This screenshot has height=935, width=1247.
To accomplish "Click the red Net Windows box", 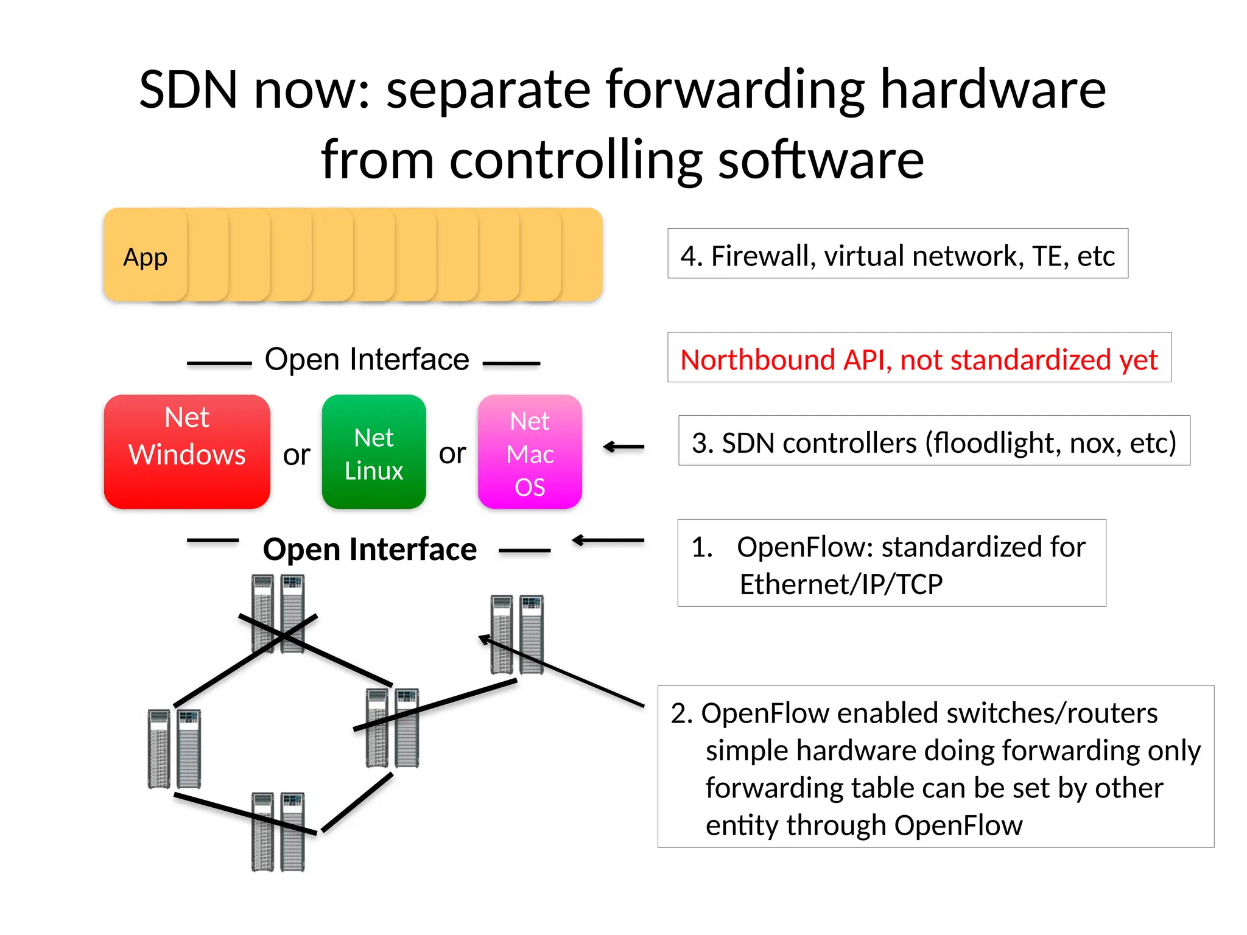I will coord(187,452).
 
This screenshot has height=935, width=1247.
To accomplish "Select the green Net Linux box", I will coord(374,452).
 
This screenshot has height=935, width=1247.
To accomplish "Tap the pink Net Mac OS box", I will coord(530,452).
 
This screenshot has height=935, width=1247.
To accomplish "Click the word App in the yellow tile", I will coord(145,257).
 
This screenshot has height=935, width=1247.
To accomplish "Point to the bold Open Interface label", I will coord(370,549).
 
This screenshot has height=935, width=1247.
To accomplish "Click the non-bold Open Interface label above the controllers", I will coord(367,359).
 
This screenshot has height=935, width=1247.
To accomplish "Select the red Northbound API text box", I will coord(919,359).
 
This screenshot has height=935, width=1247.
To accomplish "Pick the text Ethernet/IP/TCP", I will coord(841,584).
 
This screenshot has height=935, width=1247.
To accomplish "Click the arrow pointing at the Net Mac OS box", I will coord(623,447).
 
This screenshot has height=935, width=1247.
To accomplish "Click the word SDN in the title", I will coord(188,89).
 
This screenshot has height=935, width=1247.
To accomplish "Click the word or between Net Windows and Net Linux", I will coord(297,454).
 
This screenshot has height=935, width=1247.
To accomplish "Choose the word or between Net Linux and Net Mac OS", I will coord(452,453).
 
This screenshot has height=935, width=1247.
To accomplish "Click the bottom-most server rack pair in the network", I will coord(278,832).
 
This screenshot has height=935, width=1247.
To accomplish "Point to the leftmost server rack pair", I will coord(174,749).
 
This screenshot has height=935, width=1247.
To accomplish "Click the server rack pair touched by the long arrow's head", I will coord(517,634).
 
